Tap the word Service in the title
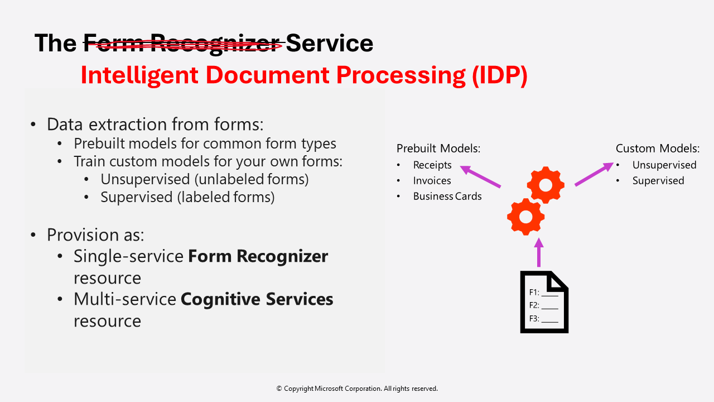coord(329,43)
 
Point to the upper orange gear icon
coord(546,184)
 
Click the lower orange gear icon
coord(525,217)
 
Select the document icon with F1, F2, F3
coord(544,302)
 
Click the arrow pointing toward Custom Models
coord(594,174)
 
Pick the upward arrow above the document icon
coord(538,253)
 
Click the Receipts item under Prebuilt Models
coord(432,165)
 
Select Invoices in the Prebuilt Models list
coord(432,180)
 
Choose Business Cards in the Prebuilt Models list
coord(447,196)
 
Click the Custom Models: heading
coord(657,149)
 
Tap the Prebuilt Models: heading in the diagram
coord(438,149)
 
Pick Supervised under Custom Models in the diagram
coord(658,180)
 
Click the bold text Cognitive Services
coord(257,299)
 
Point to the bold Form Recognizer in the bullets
coord(258,256)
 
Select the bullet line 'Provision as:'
coord(95,234)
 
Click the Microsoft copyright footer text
coord(357,389)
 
